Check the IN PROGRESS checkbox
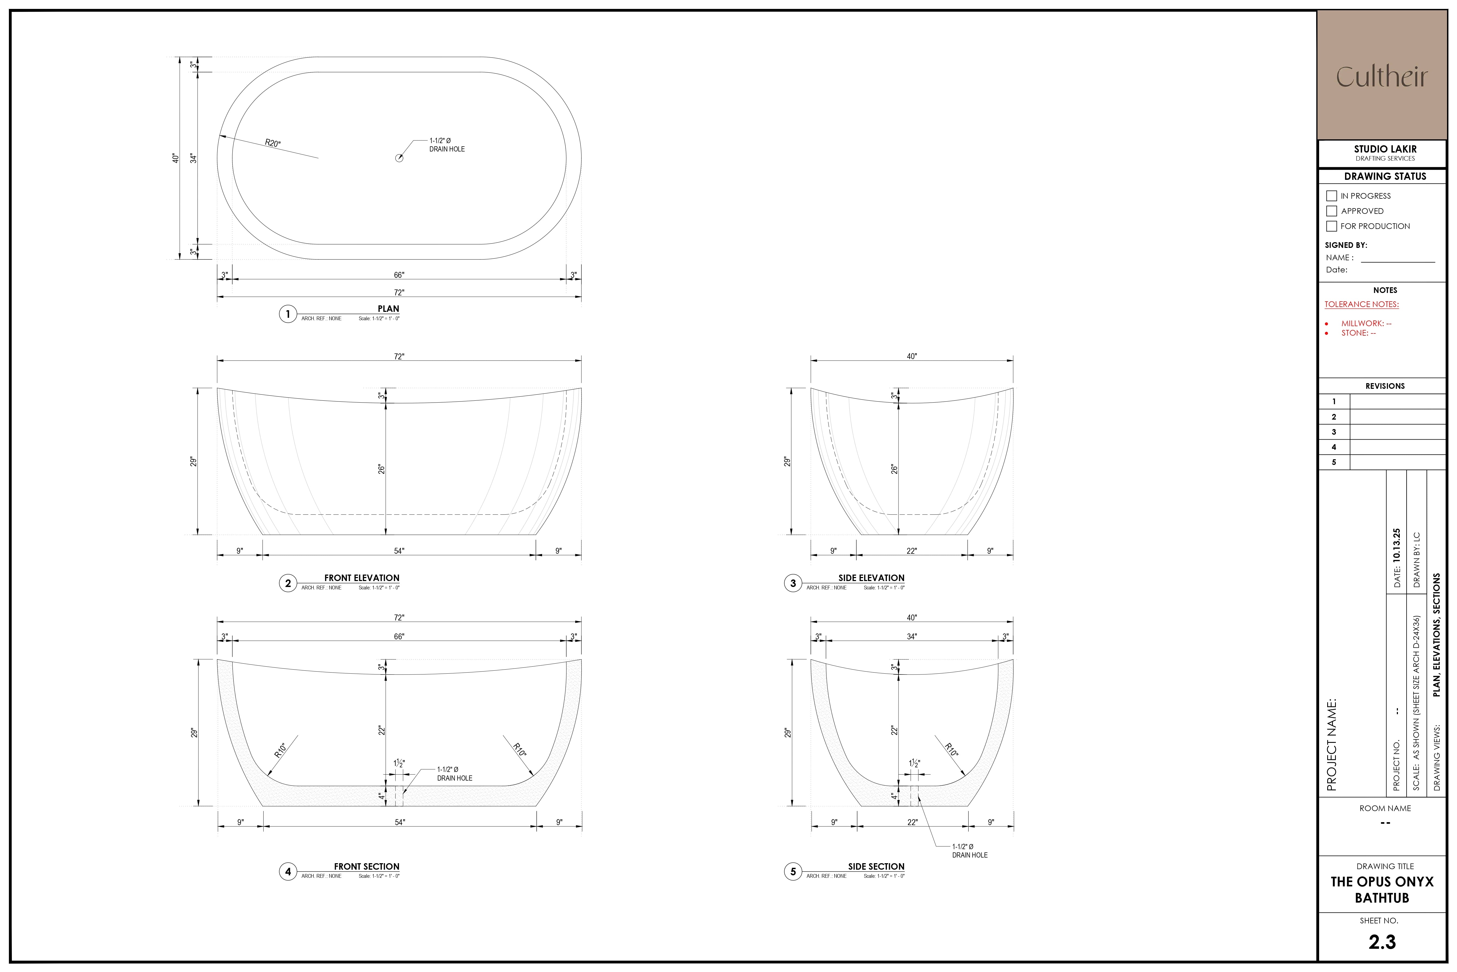click(1331, 196)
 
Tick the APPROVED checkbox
click(1331, 211)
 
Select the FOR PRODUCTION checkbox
click(1331, 226)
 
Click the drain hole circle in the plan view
click(399, 158)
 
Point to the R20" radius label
click(273, 143)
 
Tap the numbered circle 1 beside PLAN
click(287, 314)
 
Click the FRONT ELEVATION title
click(362, 578)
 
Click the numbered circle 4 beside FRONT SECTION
click(287, 872)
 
